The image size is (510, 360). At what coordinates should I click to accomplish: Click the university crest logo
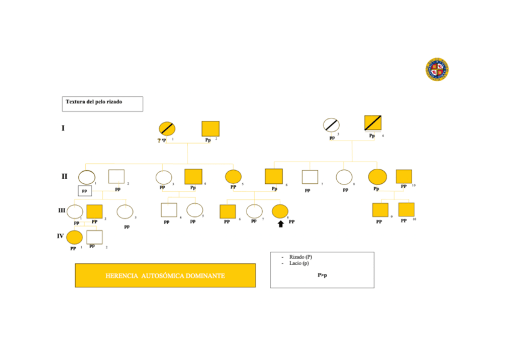tap(437, 69)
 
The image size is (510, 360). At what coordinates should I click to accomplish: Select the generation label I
tap(63, 128)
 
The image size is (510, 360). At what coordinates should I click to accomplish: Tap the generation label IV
tap(60, 236)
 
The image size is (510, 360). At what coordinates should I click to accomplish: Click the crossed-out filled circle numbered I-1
tap(167, 128)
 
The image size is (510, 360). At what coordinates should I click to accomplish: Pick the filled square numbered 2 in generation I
tap(210, 129)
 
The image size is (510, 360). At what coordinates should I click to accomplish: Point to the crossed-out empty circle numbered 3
tap(331, 125)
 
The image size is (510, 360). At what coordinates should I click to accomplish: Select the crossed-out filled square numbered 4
tap(373, 123)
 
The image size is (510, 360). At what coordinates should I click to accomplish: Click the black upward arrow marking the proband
tap(281, 224)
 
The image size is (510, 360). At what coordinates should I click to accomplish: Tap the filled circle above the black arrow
tap(280, 211)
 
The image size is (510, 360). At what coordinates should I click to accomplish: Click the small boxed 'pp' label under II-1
tap(85, 191)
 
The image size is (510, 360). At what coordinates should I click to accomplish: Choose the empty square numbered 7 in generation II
tap(309, 177)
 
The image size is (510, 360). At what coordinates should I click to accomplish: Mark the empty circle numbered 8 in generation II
tap(343, 177)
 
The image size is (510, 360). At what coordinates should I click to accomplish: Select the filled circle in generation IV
tap(75, 237)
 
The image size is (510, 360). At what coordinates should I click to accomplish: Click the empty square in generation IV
tap(94, 237)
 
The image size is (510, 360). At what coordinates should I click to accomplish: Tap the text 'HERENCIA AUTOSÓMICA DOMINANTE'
tap(165, 276)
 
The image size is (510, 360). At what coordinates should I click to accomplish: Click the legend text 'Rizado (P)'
tap(301, 257)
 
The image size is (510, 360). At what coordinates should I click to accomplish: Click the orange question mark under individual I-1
tap(159, 140)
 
